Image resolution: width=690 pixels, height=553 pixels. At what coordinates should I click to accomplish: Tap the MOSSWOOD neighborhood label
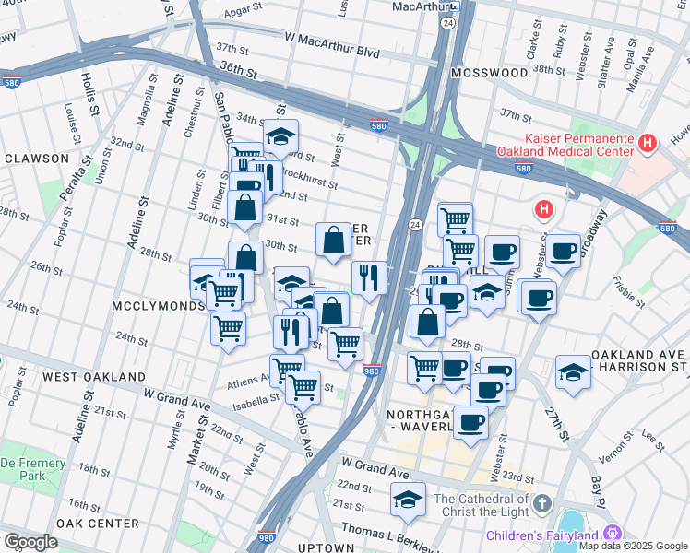point(487,71)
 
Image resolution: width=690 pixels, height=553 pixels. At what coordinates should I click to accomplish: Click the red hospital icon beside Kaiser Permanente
point(648,143)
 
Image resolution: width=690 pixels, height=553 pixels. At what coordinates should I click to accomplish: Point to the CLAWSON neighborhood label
point(37,159)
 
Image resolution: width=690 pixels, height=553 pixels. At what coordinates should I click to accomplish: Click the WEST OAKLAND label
point(93,377)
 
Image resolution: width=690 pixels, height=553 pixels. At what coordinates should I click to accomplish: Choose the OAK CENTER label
point(97,524)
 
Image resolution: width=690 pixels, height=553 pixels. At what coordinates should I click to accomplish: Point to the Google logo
point(30,542)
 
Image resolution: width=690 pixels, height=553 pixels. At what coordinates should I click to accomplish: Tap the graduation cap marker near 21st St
point(408,500)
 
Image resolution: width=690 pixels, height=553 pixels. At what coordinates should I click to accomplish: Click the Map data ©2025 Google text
point(632,546)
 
